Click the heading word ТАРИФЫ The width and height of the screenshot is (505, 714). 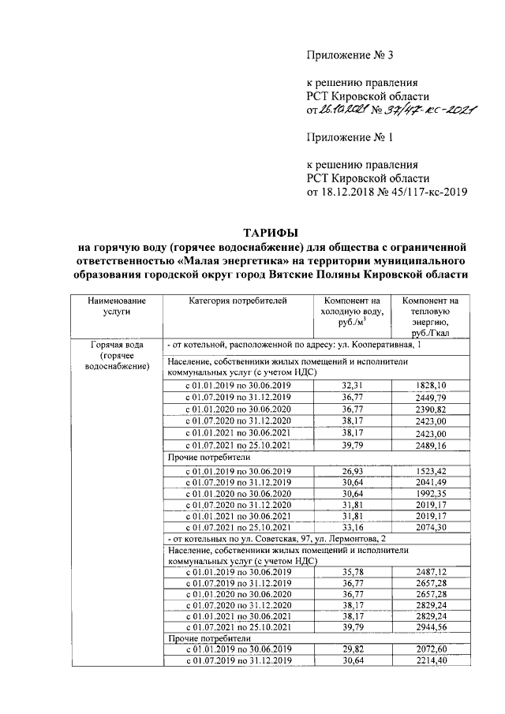[271, 233]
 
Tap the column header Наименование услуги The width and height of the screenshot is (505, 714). [117, 306]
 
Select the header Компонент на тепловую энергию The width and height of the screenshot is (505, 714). [430, 317]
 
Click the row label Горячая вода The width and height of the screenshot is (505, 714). [117, 346]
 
